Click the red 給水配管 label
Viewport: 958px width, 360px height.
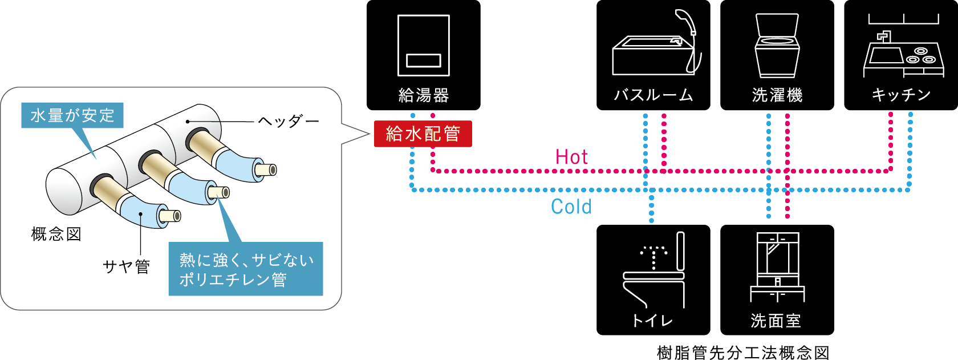coord(423,134)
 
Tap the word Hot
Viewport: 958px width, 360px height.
coord(571,157)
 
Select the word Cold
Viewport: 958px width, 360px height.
coord(571,207)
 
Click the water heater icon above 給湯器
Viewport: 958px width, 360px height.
coord(423,46)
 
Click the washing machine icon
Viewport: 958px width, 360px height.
coord(777,46)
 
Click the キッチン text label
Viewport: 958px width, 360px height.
coord(901,95)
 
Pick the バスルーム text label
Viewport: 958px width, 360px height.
coord(653,95)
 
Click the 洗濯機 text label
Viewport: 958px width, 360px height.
coord(777,95)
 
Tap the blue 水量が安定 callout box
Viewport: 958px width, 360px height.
coord(72,115)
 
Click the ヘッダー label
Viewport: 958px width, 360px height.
coord(289,122)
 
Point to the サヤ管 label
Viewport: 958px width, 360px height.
coord(126,266)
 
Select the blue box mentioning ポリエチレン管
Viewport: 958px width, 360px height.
coord(245,269)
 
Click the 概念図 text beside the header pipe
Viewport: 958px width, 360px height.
coord(56,234)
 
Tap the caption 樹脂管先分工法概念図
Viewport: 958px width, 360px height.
coord(743,353)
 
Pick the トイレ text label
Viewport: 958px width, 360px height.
coord(653,321)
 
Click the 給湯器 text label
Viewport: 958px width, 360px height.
coord(424,95)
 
